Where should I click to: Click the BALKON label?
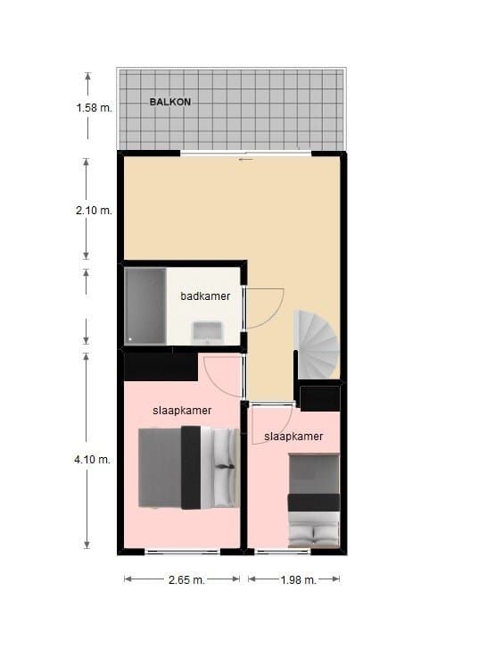[170, 102]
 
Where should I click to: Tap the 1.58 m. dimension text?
[95, 108]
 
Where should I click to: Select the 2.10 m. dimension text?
[94, 211]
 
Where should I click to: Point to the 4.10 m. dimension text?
[92, 459]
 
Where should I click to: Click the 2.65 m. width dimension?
[186, 579]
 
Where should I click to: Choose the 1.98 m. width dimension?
[299, 579]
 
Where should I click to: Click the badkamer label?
[205, 296]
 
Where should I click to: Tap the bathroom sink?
[207, 333]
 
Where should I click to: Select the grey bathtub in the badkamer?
[145, 305]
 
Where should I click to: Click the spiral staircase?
[318, 344]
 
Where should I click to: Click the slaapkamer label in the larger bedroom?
[182, 411]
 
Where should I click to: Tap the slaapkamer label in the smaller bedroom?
[293, 437]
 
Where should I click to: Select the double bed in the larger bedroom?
[189, 467]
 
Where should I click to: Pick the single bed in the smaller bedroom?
[314, 500]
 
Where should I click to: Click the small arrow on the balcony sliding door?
[246, 160]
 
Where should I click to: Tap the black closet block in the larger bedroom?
[161, 366]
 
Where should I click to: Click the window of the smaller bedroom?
[283, 552]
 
